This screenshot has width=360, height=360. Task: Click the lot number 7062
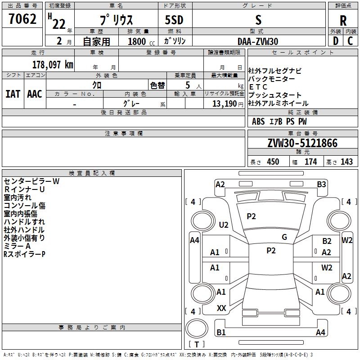coord(22,19)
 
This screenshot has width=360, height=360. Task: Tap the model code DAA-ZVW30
coord(258,41)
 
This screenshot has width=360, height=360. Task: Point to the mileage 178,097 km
coord(52,64)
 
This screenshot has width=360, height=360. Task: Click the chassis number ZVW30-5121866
coord(302,144)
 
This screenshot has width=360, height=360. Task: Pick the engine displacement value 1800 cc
coord(138,42)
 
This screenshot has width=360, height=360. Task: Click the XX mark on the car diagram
coord(221,308)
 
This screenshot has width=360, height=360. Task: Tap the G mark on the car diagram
coord(284,237)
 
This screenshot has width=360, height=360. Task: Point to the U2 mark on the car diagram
coord(224,225)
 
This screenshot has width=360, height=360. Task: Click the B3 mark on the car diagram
coord(321,184)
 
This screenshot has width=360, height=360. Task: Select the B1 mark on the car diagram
coord(221,333)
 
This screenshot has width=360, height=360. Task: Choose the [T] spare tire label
coord(197,345)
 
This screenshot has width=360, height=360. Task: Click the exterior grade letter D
coord(335,41)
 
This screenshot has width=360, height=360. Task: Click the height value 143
coord(346,162)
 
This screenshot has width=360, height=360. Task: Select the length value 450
coord(273,162)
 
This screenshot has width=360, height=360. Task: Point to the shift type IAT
coord(13,94)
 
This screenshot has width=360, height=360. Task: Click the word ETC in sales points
coord(258,87)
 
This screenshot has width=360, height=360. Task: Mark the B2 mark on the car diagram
coord(327,242)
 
